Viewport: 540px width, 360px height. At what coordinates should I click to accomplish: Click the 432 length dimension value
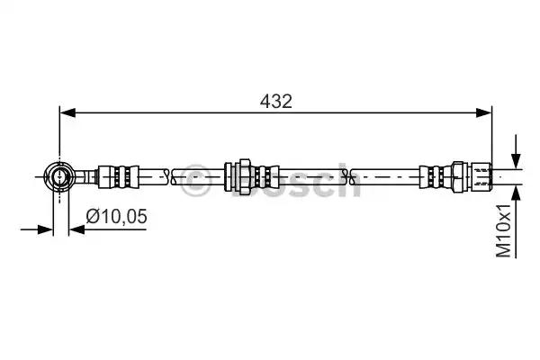[x=276, y=102]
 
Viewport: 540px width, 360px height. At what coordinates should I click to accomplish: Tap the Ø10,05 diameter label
[x=117, y=216]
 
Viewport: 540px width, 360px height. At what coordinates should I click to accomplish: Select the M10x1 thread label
[x=503, y=230]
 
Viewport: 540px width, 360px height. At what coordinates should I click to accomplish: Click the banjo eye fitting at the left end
[x=59, y=176]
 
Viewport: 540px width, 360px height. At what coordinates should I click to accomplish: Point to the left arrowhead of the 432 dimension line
[x=67, y=112]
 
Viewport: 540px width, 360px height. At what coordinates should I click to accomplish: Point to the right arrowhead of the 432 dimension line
[x=484, y=112]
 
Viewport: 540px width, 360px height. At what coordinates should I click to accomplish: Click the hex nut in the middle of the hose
[x=245, y=176]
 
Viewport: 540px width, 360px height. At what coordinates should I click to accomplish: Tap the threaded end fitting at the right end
[x=481, y=176]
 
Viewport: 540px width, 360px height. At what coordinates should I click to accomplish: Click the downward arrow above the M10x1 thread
[x=516, y=151]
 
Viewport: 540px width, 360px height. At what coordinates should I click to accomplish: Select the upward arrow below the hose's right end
[x=516, y=220]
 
